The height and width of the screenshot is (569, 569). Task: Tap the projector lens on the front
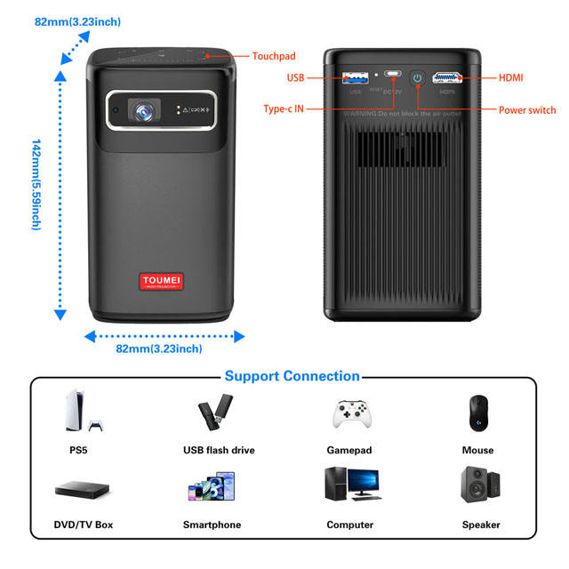[x=142, y=111]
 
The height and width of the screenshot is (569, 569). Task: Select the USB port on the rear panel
[x=357, y=77]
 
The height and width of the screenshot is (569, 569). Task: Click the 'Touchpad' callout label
[x=274, y=55]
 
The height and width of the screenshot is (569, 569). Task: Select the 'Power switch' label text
[x=527, y=110]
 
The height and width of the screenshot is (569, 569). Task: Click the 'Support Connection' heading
[x=292, y=376]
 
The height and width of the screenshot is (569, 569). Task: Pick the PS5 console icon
[x=77, y=412]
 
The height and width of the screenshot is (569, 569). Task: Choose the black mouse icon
[x=477, y=412]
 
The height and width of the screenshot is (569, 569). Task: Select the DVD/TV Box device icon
[x=77, y=489]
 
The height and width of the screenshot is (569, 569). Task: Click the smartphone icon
[x=211, y=487]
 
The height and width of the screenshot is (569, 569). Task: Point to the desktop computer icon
[x=349, y=485]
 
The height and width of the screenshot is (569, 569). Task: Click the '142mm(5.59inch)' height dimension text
[x=36, y=184]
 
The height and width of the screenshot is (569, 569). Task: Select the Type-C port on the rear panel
[x=392, y=77]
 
